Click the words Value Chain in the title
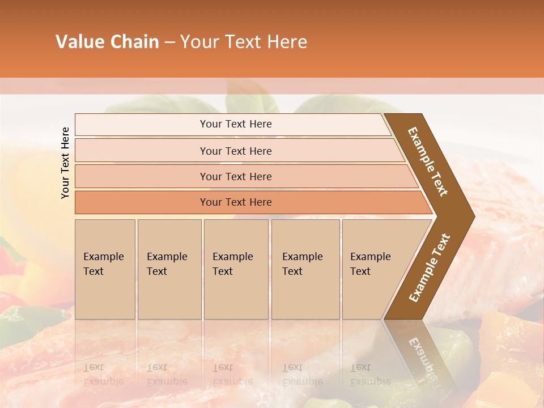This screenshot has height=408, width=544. pyautogui.click(x=107, y=42)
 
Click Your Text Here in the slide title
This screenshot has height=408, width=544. pyautogui.click(x=244, y=42)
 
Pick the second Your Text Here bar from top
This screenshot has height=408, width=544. pyautogui.click(x=235, y=151)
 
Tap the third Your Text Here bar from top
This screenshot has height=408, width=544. pyautogui.click(x=235, y=176)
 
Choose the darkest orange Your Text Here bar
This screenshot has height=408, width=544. pyautogui.click(x=235, y=202)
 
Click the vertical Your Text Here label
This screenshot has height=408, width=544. pyautogui.click(x=65, y=163)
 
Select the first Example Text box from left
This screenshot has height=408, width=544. pyautogui.click(x=105, y=269)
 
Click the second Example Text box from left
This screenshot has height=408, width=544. pyautogui.click(x=169, y=269)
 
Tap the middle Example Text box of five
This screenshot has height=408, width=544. pyautogui.click(x=236, y=269)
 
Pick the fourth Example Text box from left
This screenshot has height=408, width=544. pyautogui.click(x=305, y=269)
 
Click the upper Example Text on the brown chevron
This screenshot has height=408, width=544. pyautogui.click(x=428, y=161)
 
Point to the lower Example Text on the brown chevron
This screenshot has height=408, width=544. pyautogui.click(x=429, y=267)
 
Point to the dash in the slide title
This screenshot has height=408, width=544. pyautogui.click(x=169, y=42)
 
